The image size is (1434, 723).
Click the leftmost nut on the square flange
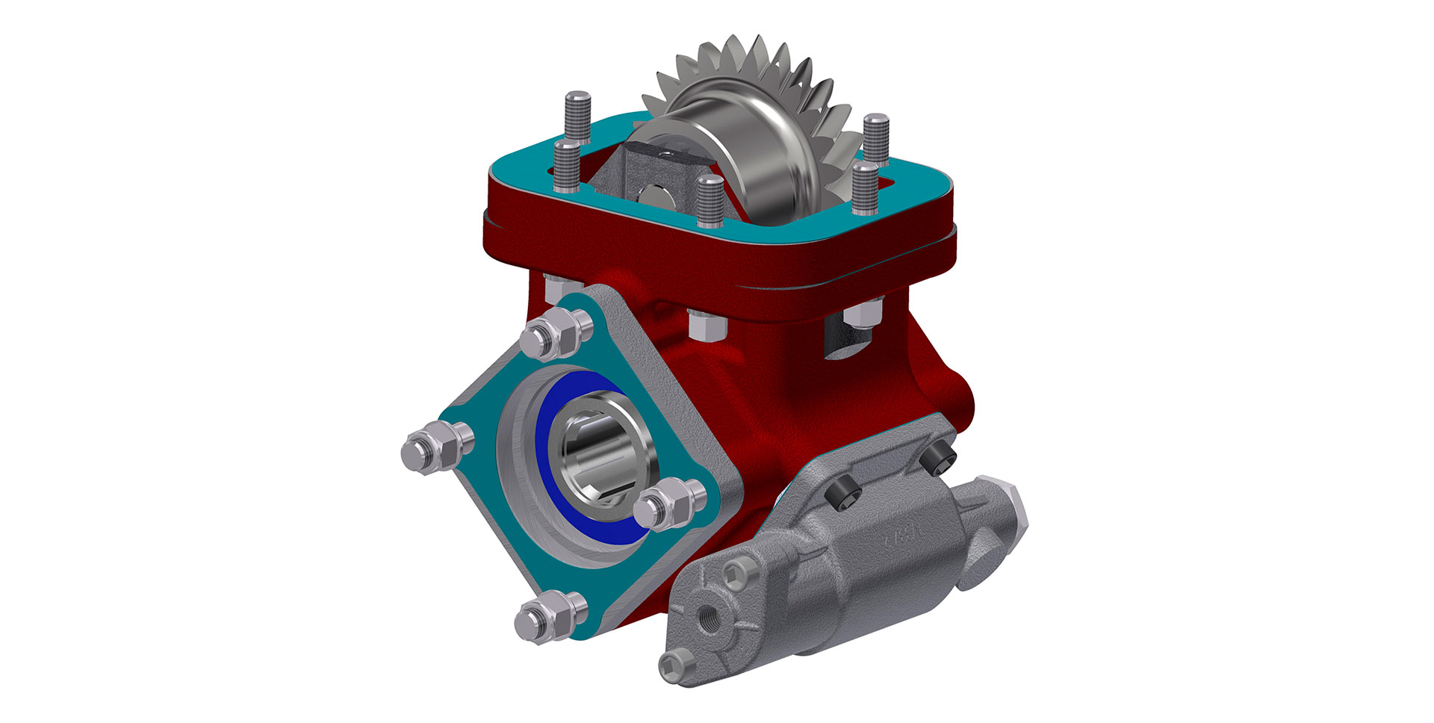(x=436, y=449)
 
